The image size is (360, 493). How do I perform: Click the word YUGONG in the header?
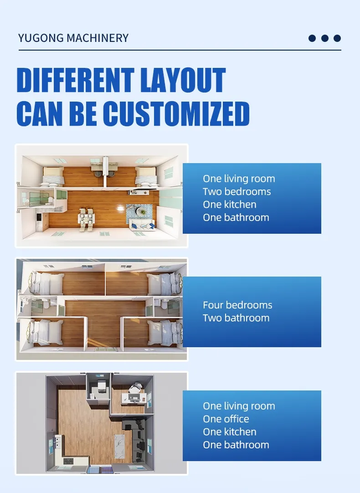41,38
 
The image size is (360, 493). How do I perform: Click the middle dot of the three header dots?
325,38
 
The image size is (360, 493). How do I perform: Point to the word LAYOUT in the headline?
183,80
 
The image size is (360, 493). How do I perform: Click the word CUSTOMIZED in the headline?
176,113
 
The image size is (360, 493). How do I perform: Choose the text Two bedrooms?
237,191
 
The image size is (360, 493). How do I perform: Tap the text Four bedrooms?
237,305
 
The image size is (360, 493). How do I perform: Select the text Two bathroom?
236,318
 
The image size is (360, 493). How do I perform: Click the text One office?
226,419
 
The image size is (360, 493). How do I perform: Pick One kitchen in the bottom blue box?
230,431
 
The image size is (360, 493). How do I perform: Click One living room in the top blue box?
239,179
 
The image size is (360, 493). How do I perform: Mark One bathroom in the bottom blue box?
236,445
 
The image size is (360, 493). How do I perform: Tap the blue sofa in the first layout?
142,225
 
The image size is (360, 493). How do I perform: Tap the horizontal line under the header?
180,50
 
